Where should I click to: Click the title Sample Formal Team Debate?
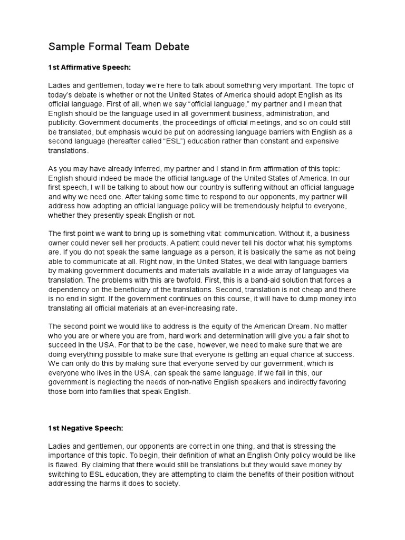[119, 47]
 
